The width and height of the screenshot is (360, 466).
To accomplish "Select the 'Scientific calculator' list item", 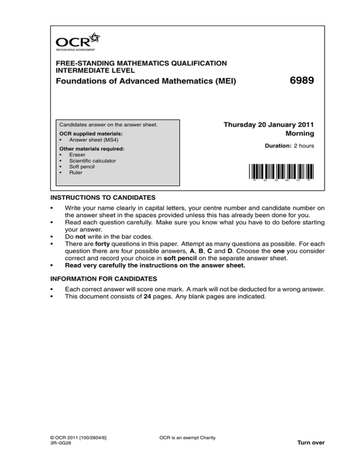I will (x=92, y=160).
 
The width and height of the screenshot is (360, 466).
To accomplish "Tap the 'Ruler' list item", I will (x=75, y=172).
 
